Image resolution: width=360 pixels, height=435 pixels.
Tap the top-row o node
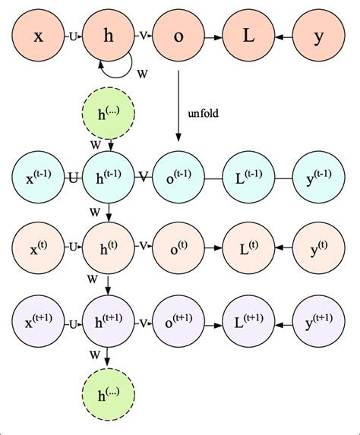[x=178, y=36]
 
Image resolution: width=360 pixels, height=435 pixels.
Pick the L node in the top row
[x=247, y=36]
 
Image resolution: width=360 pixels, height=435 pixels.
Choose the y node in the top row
[x=318, y=36]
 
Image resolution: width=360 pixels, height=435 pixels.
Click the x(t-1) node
[x=39, y=178]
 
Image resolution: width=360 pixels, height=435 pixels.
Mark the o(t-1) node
[x=178, y=178]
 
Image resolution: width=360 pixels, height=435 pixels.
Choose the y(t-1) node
[x=318, y=178]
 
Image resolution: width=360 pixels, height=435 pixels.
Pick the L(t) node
[x=247, y=247]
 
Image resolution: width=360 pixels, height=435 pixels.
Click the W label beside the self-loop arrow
[x=142, y=74]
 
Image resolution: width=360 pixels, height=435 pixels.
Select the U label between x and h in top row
[x=73, y=36]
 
